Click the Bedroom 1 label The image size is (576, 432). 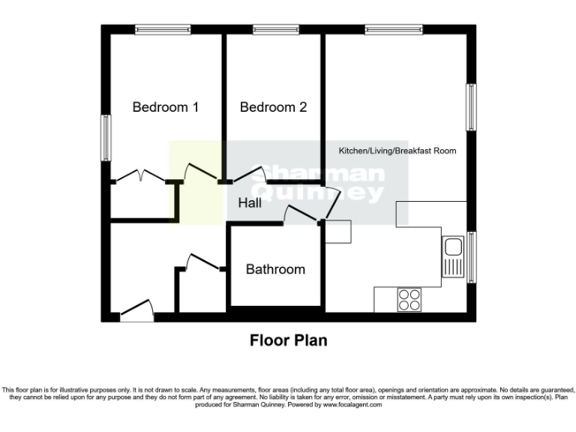(165, 107)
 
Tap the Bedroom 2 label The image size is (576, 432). (273, 107)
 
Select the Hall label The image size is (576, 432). (250, 203)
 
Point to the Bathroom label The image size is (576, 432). (275, 269)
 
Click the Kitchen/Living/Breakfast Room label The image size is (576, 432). (397, 151)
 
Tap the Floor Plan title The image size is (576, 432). (288, 340)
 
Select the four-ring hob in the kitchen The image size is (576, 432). (409, 299)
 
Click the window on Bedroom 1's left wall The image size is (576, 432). (106, 136)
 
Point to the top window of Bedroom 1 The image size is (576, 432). (163, 29)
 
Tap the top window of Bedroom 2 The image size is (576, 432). (275, 29)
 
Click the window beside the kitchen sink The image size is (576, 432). (472, 256)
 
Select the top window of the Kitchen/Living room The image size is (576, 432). (393, 29)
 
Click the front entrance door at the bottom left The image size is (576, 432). (136, 310)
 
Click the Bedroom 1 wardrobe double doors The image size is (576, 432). (141, 176)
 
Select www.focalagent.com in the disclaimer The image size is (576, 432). (352, 404)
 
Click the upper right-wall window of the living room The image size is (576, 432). (472, 106)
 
